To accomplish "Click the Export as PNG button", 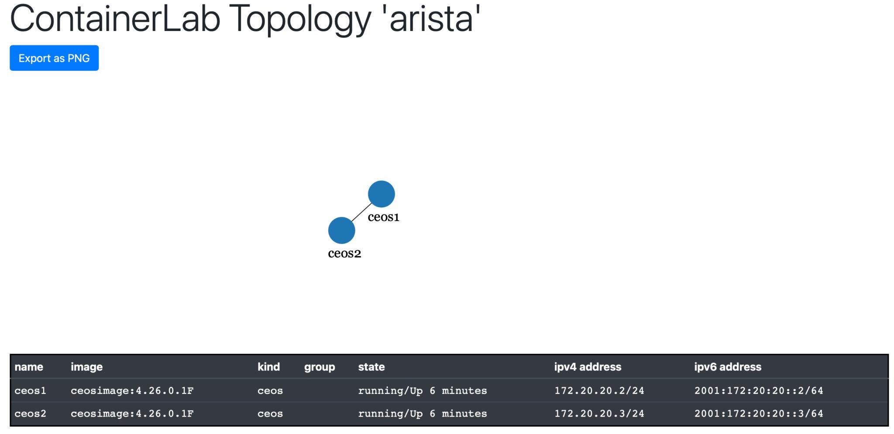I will point(54,58).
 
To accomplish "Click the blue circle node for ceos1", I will point(381,194).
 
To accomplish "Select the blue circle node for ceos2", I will point(341,230).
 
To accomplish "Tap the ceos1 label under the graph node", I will point(383,217).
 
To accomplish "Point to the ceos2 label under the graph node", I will point(344,253).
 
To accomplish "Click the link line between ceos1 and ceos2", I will point(361,212).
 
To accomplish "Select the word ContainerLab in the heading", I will point(115,20).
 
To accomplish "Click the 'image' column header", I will point(86,367).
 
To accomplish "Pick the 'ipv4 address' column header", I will point(588,367).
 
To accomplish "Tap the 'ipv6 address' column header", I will point(727,367).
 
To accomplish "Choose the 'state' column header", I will point(371,367).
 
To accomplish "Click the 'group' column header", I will point(319,367).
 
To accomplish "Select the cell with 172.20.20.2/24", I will point(599,391).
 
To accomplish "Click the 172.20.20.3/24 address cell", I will point(599,413).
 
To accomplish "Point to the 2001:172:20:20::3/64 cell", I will point(758,413).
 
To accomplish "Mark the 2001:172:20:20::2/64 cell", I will point(758,391).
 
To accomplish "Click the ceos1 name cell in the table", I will point(30,391).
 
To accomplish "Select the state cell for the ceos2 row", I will point(422,413).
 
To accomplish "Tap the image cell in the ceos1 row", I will point(132,391).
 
